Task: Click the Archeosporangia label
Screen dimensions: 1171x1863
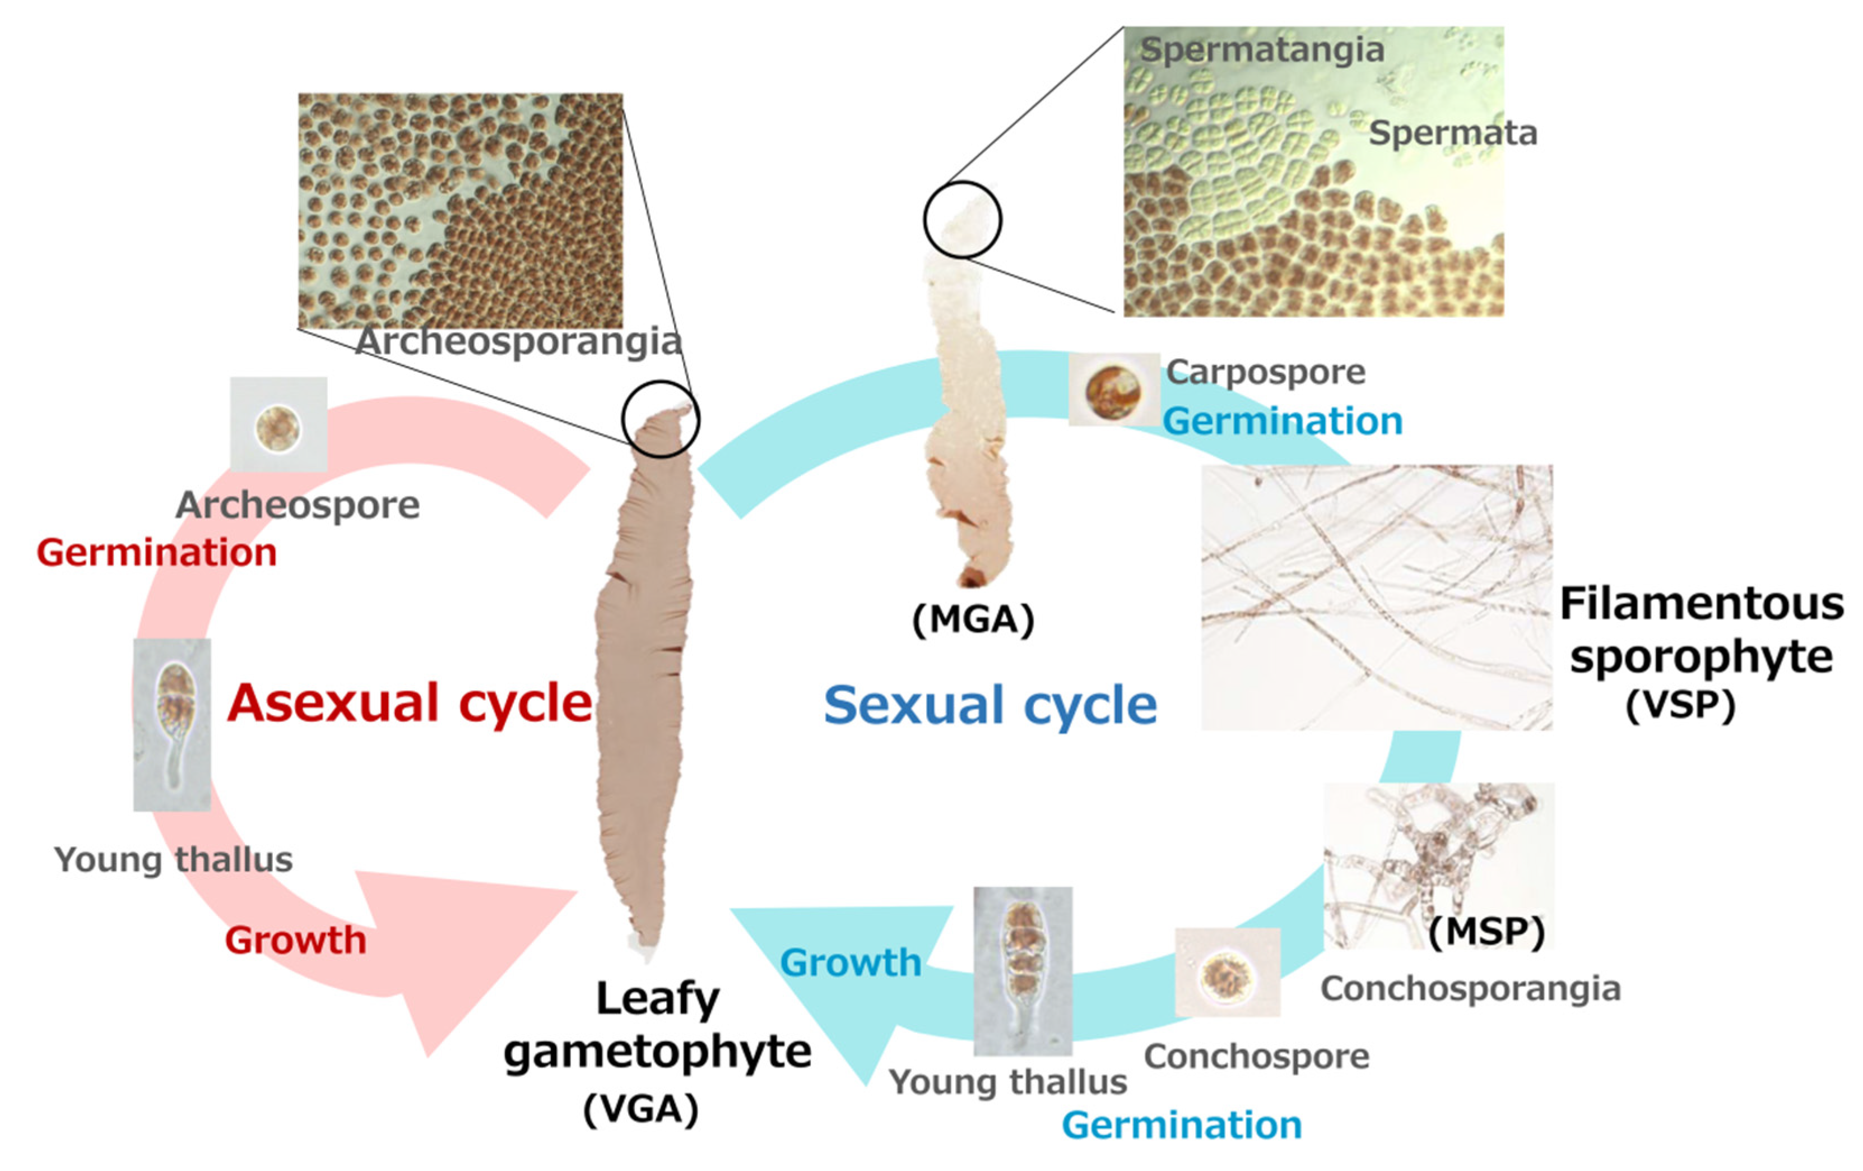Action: click(x=517, y=341)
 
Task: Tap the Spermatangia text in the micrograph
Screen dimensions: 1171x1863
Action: click(x=1262, y=50)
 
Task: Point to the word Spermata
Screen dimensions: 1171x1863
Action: click(x=1452, y=133)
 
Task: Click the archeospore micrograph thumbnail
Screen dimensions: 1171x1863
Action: click(x=278, y=425)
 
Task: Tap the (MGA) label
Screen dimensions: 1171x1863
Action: click(x=973, y=620)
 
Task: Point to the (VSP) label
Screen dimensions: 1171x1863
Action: click(x=1680, y=705)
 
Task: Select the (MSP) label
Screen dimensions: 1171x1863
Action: click(x=1485, y=931)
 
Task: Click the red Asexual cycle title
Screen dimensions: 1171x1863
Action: click(x=409, y=703)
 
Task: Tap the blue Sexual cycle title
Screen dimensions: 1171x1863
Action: click(x=989, y=705)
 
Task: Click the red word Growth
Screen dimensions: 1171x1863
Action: click(x=295, y=941)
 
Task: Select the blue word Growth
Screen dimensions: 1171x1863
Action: click(x=851, y=963)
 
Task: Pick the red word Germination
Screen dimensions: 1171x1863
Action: click(x=156, y=553)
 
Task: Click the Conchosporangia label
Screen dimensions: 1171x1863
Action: click(x=1470, y=988)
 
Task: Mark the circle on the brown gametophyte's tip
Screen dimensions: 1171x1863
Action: click(x=661, y=419)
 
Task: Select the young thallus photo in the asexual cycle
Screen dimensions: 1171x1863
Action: click(x=172, y=724)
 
